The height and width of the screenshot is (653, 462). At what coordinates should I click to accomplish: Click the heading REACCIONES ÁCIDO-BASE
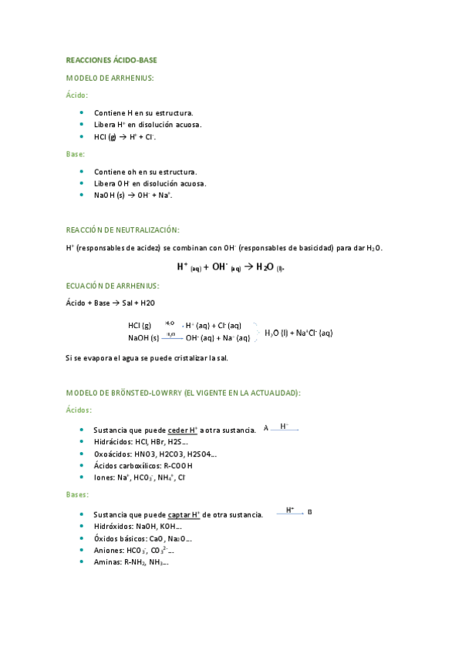[111, 59]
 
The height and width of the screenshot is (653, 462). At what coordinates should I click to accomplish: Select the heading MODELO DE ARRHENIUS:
[110, 78]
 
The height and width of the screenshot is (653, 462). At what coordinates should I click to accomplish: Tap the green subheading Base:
[76, 154]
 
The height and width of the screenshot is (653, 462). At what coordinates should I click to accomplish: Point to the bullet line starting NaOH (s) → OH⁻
[132, 196]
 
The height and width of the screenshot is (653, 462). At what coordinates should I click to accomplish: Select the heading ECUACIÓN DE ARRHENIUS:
[113, 286]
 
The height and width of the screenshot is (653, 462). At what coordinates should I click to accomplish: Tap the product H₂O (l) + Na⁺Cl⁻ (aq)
[298, 333]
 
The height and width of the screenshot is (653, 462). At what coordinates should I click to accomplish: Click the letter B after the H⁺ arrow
[310, 512]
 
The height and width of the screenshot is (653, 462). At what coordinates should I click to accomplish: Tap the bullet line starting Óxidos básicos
[142, 538]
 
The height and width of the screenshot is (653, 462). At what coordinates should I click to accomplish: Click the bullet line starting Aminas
[130, 562]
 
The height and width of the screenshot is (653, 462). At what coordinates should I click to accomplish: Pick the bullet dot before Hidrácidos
[82, 441]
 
